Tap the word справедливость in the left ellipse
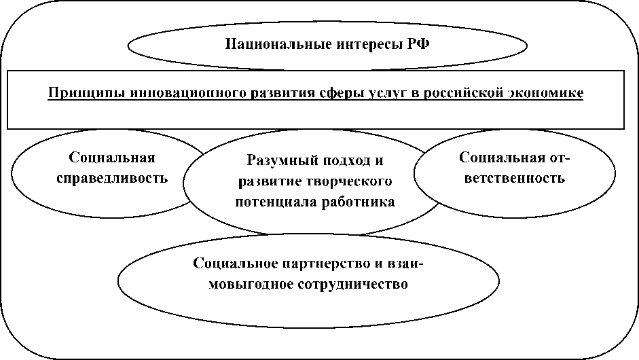point(113,179)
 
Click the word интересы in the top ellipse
point(354,46)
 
